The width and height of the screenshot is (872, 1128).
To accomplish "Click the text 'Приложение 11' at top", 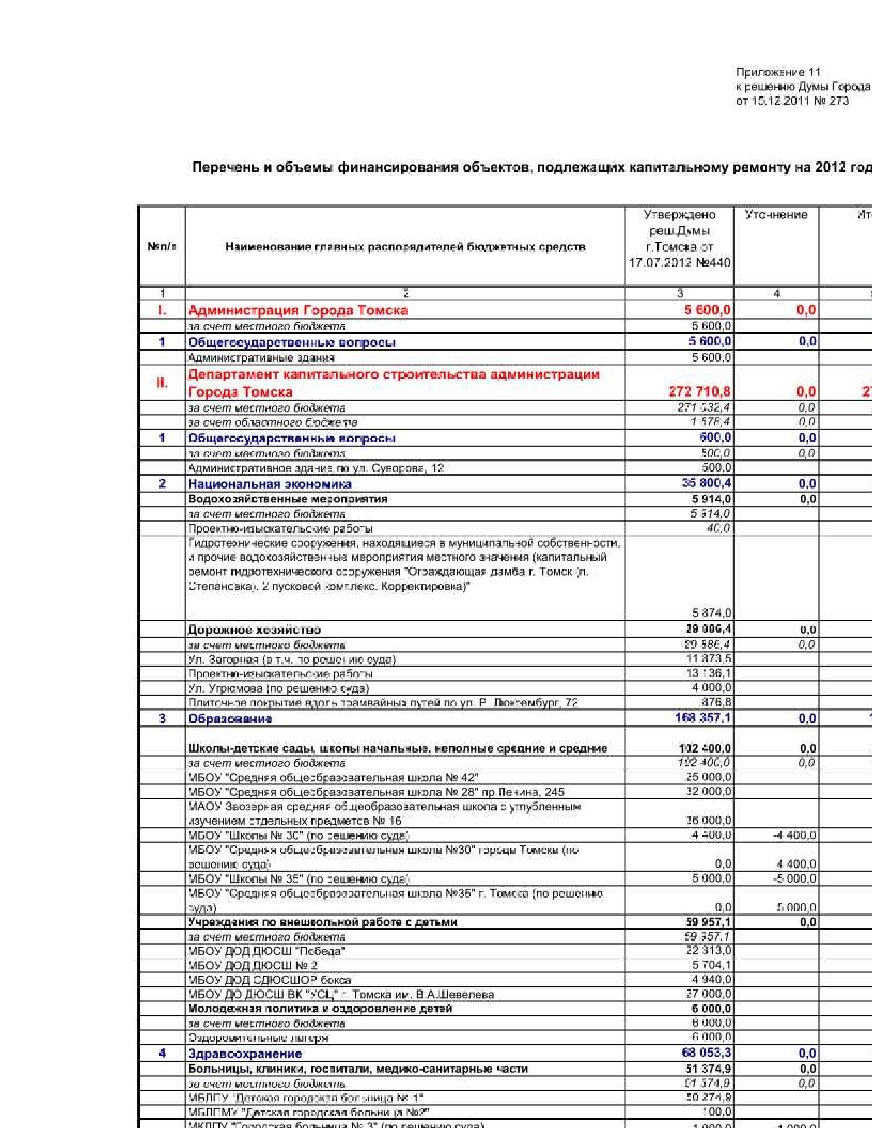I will (x=778, y=72).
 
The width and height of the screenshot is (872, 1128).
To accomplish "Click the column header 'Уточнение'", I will (x=776, y=215).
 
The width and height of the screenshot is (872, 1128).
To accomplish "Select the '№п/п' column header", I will (x=162, y=247).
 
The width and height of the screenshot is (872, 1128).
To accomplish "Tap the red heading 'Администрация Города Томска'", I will (x=298, y=310).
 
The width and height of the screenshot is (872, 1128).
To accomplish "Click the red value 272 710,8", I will (x=699, y=392).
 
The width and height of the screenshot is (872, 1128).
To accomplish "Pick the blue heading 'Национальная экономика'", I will (x=269, y=484).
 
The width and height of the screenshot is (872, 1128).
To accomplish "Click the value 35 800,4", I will (x=706, y=483).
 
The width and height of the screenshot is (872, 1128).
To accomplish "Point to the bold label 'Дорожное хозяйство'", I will (x=254, y=630).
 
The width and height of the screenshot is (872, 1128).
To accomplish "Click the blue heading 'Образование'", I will (x=230, y=719).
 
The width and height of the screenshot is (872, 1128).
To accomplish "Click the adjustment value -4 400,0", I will (x=793, y=835).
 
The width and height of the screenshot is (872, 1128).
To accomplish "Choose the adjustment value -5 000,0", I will (x=793, y=879).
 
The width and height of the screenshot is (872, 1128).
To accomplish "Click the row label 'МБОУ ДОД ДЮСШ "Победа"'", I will (x=266, y=952).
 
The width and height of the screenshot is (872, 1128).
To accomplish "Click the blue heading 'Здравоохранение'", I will (x=244, y=1053).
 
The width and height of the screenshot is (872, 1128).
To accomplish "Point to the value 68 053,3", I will (x=706, y=1053).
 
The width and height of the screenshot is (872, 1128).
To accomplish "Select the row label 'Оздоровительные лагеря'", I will (x=258, y=1038).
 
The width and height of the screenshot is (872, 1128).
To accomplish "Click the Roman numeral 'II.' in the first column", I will (x=162, y=383).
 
